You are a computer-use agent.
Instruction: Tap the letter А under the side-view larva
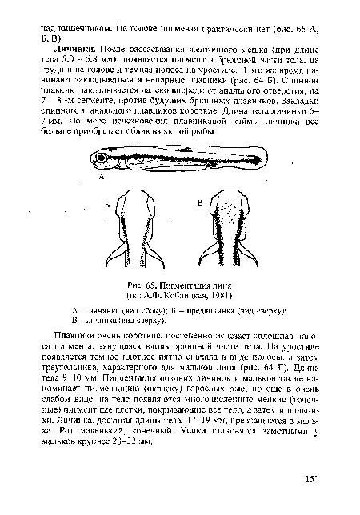coord(102,181)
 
